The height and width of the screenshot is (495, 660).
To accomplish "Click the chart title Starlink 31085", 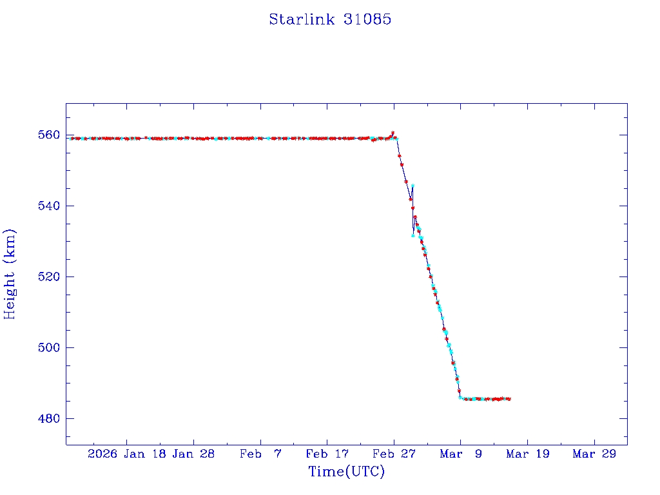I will click(x=330, y=19).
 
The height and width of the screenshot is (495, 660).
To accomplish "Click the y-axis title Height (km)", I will click(x=10, y=274).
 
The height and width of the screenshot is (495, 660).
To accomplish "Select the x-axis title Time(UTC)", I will click(x=347, y=472).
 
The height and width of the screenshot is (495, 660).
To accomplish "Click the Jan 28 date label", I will click(x=193, y=454).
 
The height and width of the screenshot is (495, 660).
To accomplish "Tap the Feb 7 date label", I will click(x=260, y=454).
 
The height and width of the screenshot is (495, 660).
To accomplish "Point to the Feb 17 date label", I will click(x=327, y=454).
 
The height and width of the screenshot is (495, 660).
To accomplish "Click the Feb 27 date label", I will click(x=394, y=454).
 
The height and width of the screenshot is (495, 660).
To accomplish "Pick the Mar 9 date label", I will click(x=460, y=454).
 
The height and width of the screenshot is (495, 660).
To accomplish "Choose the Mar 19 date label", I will click(x=527, y=454).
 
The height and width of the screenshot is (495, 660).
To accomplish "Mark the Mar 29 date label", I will click(x=594, y=454).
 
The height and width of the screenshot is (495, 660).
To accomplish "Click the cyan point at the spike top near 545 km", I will click(x=412, y=186).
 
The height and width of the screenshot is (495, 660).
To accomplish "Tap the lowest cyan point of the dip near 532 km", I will click(x=413, y=235).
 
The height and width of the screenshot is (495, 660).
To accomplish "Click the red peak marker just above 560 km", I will click(x=393, y=133).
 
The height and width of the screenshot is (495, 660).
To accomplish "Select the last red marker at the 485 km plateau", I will click(x=509, y=399).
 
